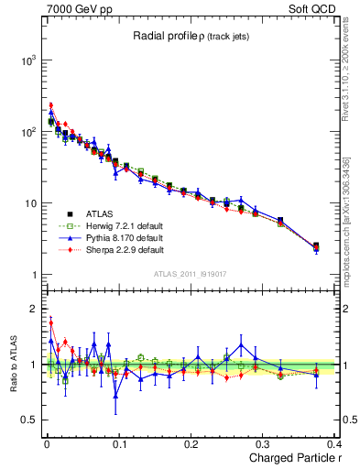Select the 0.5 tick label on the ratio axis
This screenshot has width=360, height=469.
point(26,420)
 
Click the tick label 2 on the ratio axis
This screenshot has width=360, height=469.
point(30,309)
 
